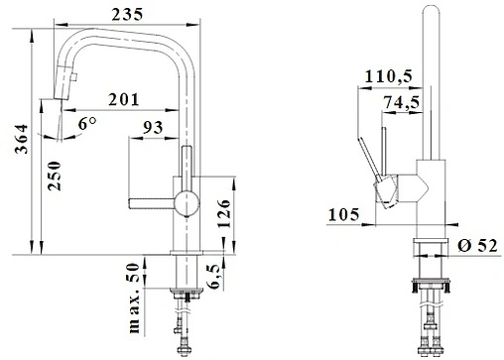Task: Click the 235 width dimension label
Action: click(127, 14)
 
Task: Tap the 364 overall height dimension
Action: click(22, 139)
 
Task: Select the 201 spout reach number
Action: click(124, 99)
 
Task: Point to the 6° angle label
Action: click(87, 123)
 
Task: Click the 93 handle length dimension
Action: click(153, 127)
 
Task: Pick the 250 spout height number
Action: click(55, 176)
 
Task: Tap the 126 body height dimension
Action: click(224, 213)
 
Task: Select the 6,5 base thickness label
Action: click(214, 277)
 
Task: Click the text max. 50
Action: click(134, 298)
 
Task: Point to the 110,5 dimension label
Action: click(389, 76)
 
